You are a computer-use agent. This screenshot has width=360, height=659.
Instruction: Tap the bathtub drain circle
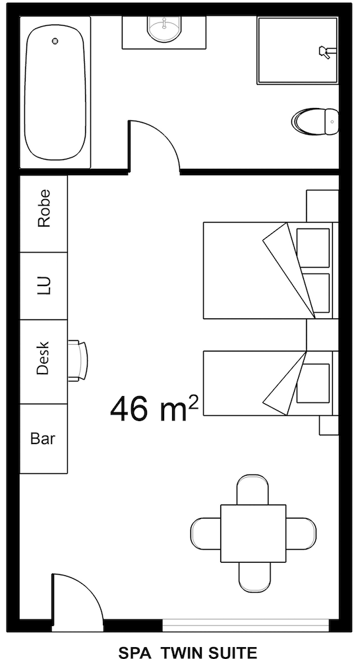55,41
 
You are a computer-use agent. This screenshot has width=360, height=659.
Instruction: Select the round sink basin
164,28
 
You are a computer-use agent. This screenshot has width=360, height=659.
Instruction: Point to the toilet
315,121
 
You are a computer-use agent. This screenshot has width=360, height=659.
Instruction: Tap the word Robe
44,214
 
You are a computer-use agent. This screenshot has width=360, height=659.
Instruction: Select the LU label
44,285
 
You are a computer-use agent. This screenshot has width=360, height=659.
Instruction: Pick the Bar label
43,438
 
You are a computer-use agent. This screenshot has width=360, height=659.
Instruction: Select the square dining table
253,533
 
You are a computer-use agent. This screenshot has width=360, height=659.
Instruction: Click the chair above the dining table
253,489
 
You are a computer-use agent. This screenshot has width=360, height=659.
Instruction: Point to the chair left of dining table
205,533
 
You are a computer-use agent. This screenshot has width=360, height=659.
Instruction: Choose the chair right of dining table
301,533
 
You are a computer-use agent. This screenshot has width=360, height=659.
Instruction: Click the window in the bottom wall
245,625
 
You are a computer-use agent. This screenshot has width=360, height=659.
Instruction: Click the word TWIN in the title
184,652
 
